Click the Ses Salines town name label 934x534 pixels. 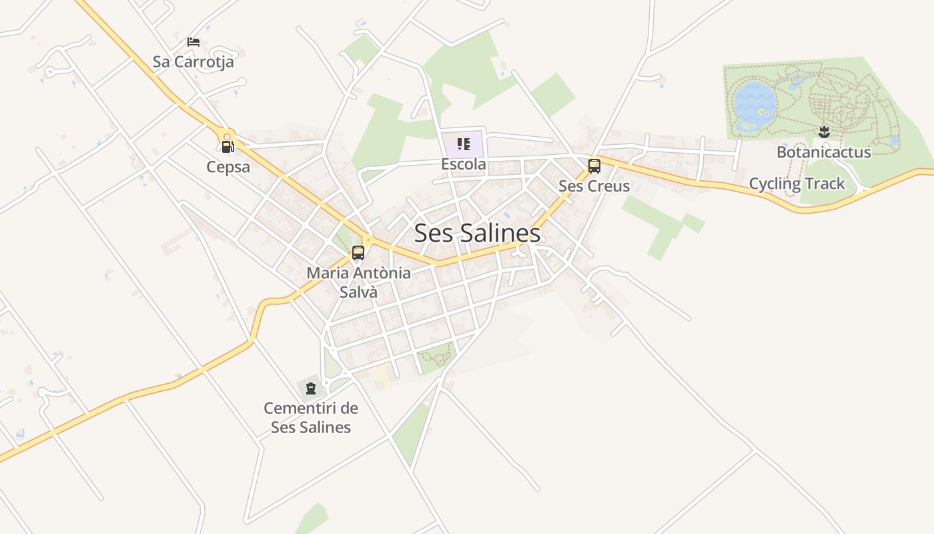point(477,233)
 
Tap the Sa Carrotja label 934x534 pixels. point(193,62)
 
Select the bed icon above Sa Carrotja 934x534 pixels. point(193,42)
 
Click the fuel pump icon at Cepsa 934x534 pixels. point(227,147)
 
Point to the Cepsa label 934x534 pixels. point(228,167)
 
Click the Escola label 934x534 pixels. point(463,164)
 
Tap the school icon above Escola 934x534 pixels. point(463,144)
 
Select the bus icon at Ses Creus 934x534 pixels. point(594,166)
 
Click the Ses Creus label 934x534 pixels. point(594,186)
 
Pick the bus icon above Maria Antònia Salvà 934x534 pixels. point(358,253)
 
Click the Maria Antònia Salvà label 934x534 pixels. point(358,282)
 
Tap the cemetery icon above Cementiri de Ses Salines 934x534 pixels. point(310,388)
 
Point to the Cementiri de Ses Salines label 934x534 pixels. point(311,418)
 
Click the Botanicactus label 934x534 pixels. point(823,152)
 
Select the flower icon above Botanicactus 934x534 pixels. point(824,131)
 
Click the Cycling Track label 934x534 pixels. point(797,184)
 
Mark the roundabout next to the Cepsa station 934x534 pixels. point(228,134)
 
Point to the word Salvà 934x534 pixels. point(358,292)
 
